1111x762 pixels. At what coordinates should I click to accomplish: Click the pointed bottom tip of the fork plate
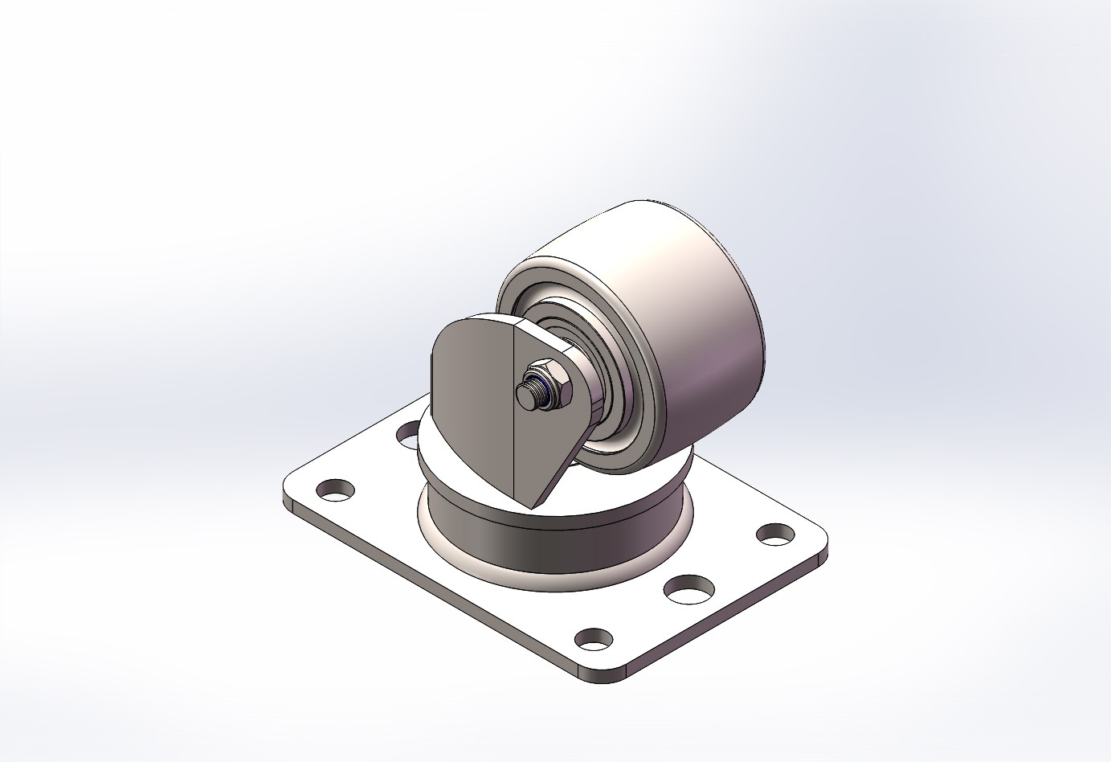click(533, 505)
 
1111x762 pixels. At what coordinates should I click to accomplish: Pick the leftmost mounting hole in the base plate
click(337, 488)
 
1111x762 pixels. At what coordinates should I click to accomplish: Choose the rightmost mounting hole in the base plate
click(775, 533)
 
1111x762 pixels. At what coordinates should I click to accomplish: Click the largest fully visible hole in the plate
click(689, 588)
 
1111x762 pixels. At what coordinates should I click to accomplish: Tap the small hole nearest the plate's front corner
click(594, 638)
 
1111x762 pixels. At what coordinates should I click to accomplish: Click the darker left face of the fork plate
click(470, 402)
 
